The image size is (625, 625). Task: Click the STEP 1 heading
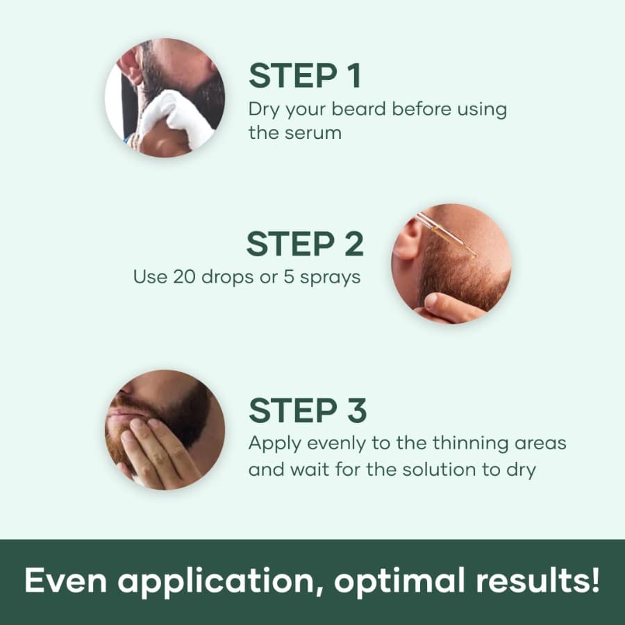305,76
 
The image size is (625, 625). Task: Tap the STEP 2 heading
305,244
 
